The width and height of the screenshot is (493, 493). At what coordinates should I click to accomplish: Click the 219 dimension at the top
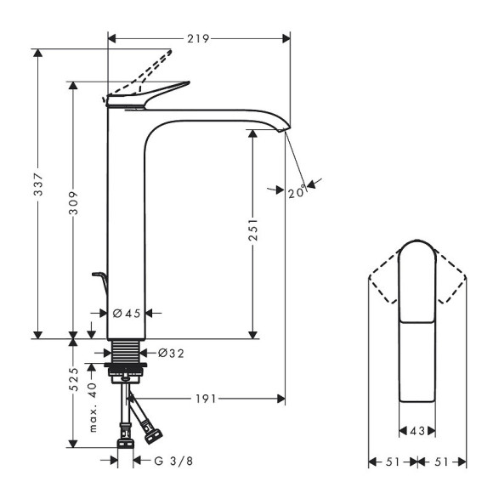(198, 38)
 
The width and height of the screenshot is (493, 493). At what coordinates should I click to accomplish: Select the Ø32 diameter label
(171, 352)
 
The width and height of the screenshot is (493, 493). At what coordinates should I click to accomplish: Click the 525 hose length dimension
(74, 379)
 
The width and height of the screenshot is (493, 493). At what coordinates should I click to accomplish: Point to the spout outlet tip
(283, 128)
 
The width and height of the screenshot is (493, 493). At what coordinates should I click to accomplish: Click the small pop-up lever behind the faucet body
(99, 280)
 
